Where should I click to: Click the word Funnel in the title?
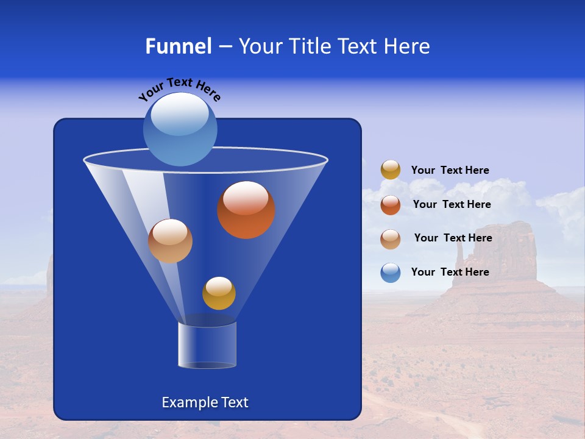[178, 46]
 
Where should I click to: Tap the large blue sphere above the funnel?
[180, 129]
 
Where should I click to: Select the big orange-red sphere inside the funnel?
[246, 210]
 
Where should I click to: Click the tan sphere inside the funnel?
[170, 241]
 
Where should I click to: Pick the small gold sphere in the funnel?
[219, 293]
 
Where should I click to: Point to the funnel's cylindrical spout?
[207, 344]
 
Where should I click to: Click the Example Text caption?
[205, 402]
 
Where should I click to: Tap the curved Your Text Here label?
[179, 88]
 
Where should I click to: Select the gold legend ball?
[391, 170]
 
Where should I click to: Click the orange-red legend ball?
[391, 205]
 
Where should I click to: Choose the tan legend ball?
[391, 238]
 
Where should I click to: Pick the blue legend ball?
[391, 273]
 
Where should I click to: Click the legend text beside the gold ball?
[450, 170]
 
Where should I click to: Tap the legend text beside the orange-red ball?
[452, 204]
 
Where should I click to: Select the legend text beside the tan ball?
[453, 238]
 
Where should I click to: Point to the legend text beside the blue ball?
[450, 272]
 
